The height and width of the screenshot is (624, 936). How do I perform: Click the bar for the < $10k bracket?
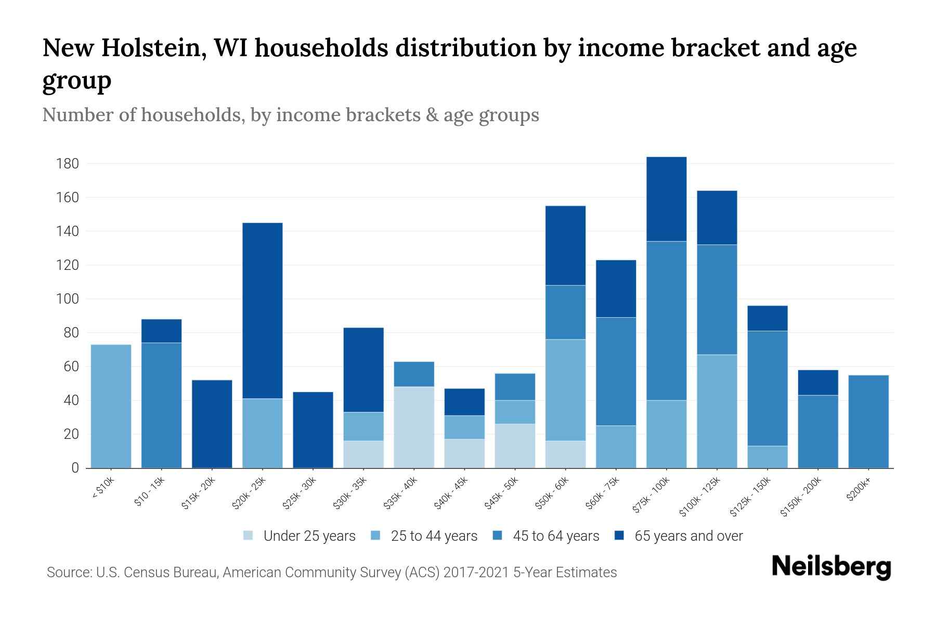(111, 406)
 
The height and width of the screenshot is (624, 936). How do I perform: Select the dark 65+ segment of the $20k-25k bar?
(263, 310)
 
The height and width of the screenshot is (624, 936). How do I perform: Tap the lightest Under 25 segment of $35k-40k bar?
(414, 427)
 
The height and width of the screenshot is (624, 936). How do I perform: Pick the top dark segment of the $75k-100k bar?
(666, 199)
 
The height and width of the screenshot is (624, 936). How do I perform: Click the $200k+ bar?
(868, 421)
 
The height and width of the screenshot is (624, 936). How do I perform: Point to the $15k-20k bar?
(212, 424)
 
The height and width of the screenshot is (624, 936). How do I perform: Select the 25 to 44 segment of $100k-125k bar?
(717, 411)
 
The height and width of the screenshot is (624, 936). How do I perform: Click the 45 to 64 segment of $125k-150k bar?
(767, 388)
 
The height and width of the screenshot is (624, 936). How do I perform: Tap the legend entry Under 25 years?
(309, 536)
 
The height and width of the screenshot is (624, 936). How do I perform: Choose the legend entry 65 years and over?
(688, 536)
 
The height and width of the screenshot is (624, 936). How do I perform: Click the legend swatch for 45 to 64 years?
(498, 536)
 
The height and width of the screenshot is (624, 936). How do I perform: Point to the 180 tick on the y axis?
(67, 164)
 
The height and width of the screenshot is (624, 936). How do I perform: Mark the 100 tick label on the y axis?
(67, 300)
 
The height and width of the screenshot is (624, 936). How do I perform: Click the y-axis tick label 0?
(75, 468)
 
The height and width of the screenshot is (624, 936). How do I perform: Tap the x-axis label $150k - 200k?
(801, 497)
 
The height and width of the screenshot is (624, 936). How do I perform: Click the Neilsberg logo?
(831, 567)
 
